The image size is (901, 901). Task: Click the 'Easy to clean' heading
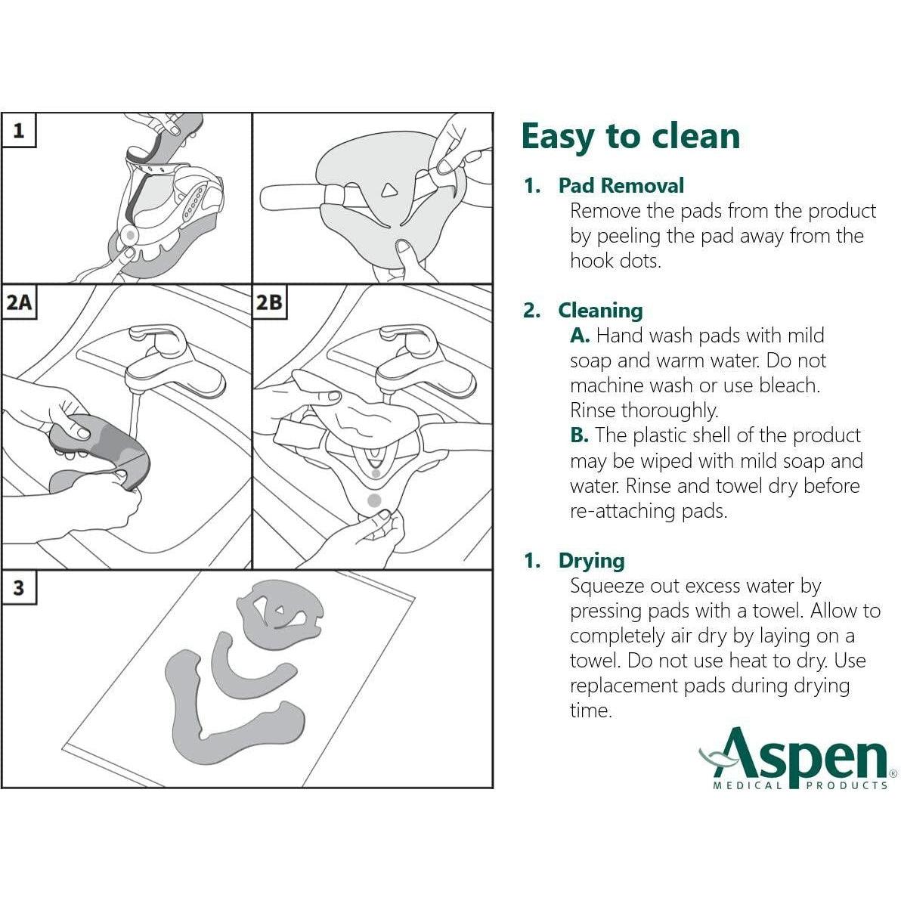(630, 136)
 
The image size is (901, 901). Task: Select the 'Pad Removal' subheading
(621, 186)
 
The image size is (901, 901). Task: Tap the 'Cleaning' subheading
(600, 311)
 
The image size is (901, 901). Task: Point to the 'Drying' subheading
(592, 561)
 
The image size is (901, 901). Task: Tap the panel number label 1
(18, 131)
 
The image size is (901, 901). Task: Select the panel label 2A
(18, 302)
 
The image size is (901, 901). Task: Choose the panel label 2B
(269, 302)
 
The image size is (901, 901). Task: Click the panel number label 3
(18, 588)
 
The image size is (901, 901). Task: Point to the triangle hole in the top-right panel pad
(390, 190)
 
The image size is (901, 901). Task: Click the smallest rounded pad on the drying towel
(279, 615)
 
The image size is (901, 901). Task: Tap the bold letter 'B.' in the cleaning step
(579, 435)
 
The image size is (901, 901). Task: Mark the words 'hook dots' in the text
(615, 261)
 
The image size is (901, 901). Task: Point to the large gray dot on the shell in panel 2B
(374, 500)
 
